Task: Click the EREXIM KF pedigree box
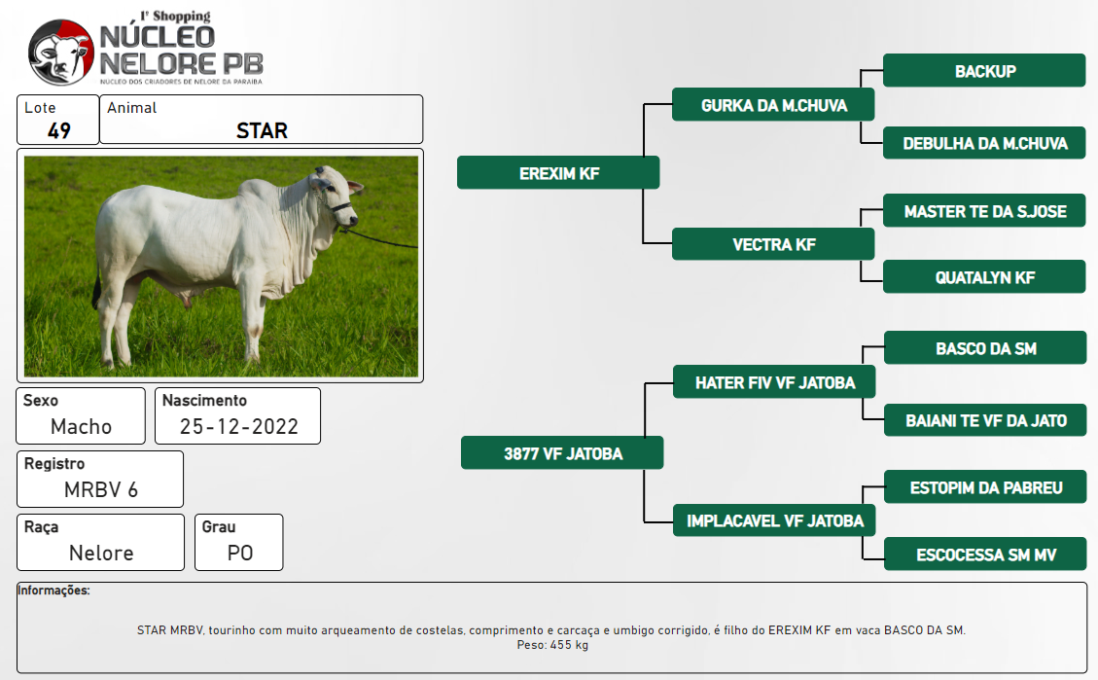558,172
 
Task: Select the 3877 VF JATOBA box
562,453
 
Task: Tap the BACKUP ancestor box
984,71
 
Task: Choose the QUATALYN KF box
984,276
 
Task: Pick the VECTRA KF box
773,244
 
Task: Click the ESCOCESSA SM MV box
985,554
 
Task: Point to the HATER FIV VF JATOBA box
774,381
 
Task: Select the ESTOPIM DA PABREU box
985,486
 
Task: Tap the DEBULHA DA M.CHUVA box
984,143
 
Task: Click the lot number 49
58,131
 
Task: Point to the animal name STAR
262,131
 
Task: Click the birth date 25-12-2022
239,426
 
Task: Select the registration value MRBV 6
101,489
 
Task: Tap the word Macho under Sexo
82,426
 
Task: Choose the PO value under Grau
240,554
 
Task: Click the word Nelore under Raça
101,554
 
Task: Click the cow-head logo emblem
61,53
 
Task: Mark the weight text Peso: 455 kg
552,645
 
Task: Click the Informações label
53,591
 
